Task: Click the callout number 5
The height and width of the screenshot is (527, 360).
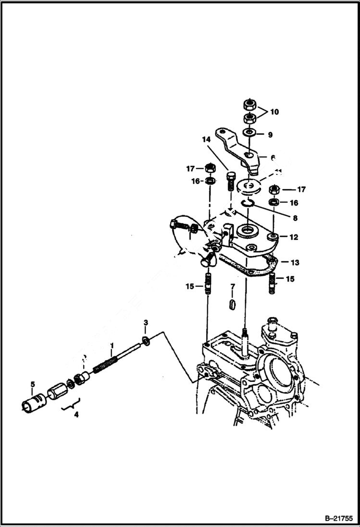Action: pos(33,384)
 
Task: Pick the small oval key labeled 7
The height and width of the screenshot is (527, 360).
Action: pos(233,305)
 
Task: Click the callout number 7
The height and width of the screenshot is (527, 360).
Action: pos(233,287)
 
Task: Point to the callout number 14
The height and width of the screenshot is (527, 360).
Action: pos(206,140)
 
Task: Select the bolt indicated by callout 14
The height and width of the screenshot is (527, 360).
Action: pos(230,181)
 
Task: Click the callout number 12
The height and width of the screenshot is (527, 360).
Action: pos(294,237)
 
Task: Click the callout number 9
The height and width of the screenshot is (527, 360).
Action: pos(270,135)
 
